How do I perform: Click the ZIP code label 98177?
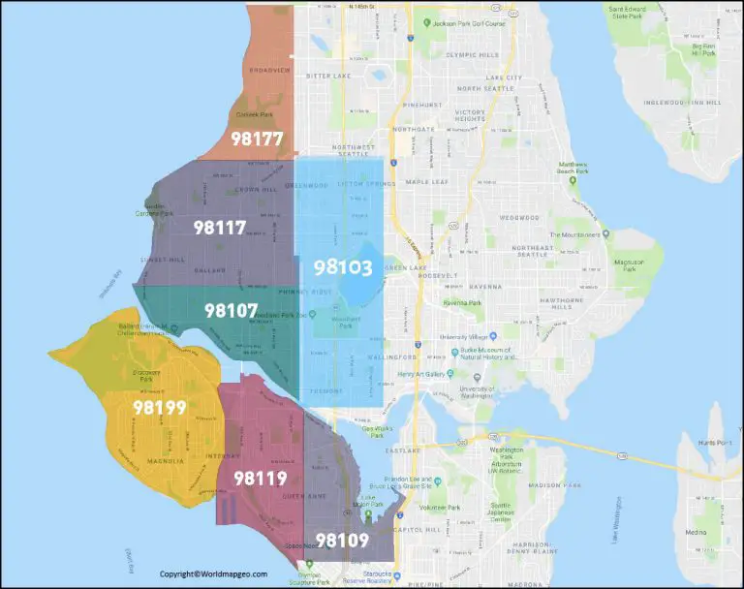point(257,139)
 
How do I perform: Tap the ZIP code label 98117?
point(219,228)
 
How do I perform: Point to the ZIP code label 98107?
point(231,311)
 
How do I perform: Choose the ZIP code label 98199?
point(160,408)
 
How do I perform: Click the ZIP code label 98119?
point(260,478)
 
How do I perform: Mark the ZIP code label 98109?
point(342,541)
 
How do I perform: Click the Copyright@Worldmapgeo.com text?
point(213,573)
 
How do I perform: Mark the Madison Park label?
point(559,483)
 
